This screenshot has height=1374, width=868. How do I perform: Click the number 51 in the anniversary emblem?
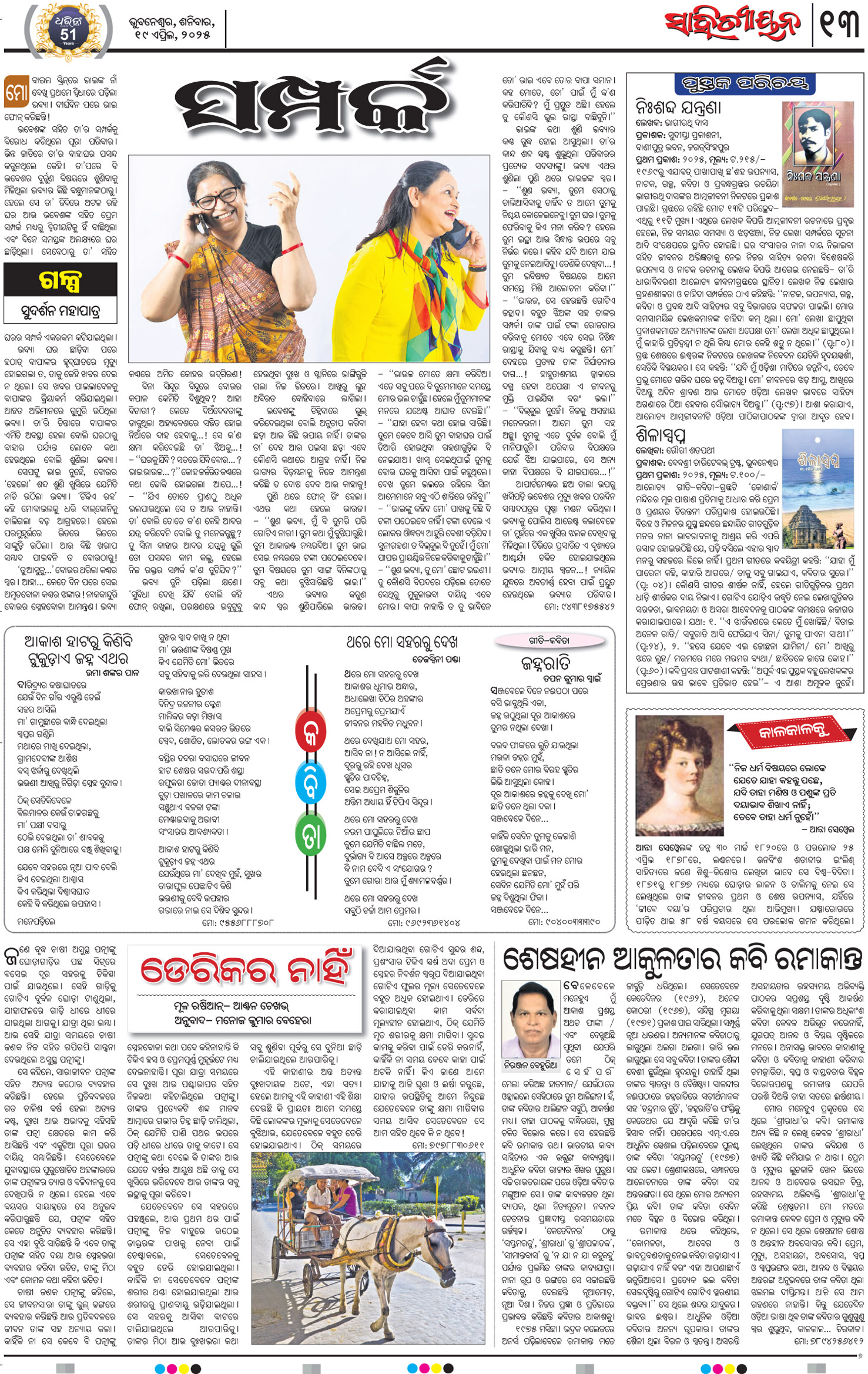coord(68,34)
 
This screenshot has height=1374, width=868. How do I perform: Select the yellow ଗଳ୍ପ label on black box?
coord(60,280)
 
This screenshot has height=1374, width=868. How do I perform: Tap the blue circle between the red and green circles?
coord(310,784)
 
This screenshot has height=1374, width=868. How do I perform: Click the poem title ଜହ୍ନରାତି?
coord(545,663)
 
